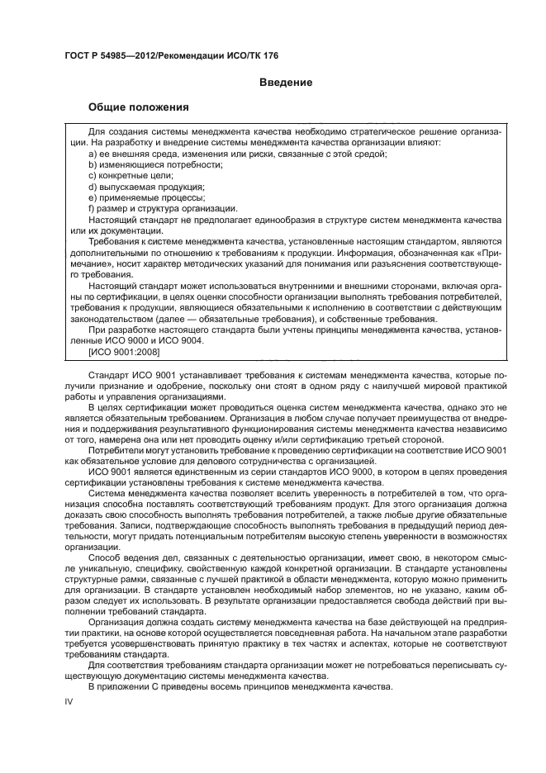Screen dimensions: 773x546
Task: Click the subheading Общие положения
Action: click(139, 107)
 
